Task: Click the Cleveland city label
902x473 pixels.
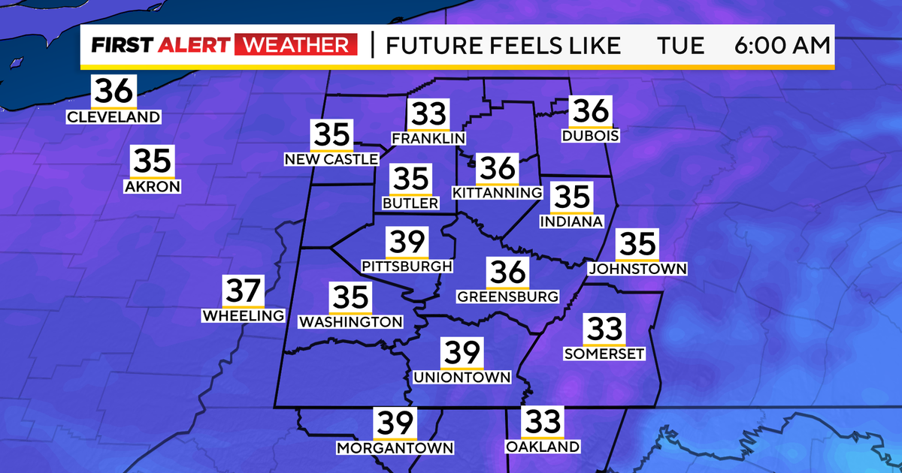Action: (x=114, y=117)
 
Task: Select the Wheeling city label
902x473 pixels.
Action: (x=244, y=316)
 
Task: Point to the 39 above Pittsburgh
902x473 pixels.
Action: (x=407, y=243)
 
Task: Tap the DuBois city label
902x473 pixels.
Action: (x=590, y=136)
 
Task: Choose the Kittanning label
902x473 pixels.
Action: (x=497, y=193)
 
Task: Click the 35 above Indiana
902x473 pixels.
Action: (x=572, y=198)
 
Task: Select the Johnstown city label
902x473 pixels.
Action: (x=637, y=268)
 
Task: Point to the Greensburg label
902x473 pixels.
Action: (x=508, y=296)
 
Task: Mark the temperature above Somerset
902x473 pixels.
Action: (x=604, y=330)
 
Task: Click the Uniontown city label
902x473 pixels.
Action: (x=462, y=377)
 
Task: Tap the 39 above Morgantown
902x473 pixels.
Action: (x=395, y=424)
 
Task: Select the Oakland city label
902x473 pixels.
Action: (x=542, y=447)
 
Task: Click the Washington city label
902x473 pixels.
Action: (x=351, y=322)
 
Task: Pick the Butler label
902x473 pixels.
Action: (x=410, y=203)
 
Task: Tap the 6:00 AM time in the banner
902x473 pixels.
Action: (x=782, y=46)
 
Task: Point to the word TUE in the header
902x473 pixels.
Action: (x=680, y=46)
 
